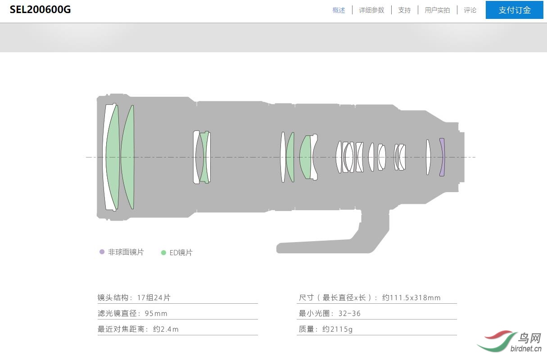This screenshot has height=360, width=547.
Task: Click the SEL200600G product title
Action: coord(40,10)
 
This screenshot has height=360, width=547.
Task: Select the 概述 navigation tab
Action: coord(339,10)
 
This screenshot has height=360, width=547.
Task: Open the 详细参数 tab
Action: coord(371,10)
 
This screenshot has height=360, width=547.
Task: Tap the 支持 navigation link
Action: coord(404,10)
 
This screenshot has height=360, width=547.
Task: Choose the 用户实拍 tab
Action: coord(437,10)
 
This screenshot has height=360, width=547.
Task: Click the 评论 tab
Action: coord(470,10)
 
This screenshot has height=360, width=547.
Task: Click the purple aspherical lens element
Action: coord(442,157)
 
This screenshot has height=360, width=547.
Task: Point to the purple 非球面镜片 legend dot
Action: coord(102,252)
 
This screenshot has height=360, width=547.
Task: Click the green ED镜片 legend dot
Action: coord(163,253)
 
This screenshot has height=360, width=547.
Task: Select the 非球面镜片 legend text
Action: coord(126,252)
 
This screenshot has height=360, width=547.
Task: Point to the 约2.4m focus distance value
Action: coord(166,329)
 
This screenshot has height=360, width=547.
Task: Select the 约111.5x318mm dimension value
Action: coord(411,297)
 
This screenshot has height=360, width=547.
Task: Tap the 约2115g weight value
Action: coord(337,329)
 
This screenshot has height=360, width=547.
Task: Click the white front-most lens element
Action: coord(108,157)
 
